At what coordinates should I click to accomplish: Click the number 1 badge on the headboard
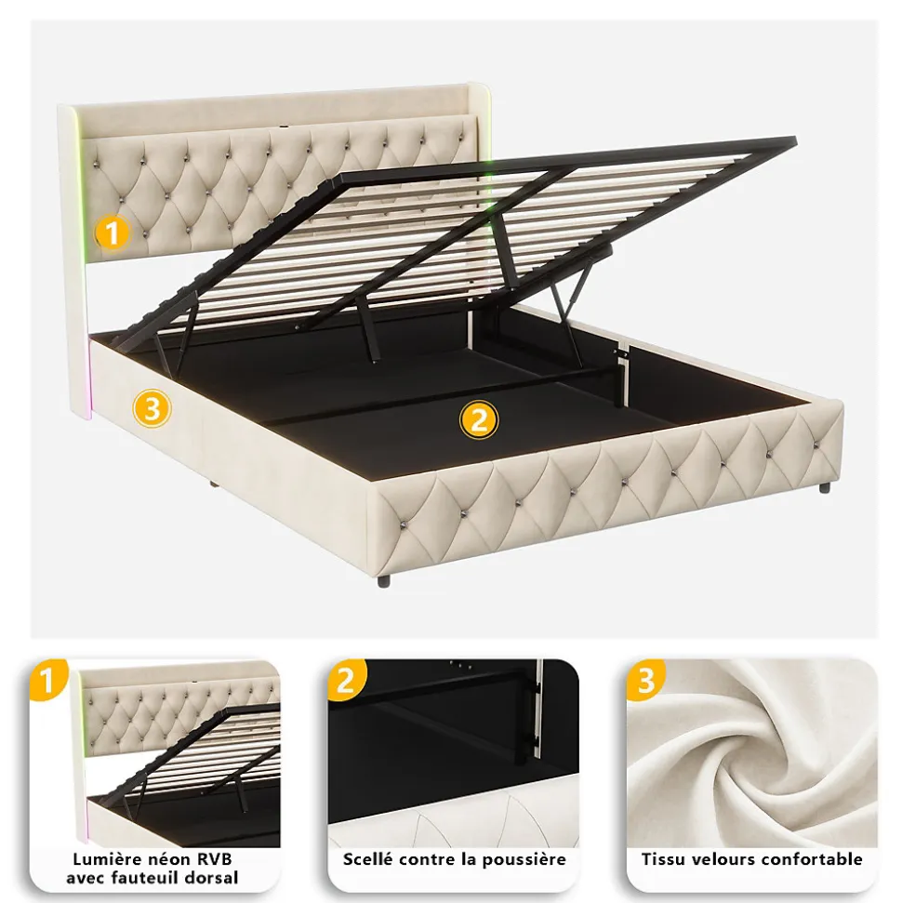(112, 233)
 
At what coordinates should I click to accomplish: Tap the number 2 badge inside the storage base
(478, 420)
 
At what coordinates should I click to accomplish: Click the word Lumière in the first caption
(108, 859)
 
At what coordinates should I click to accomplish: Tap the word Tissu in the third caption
(664, 859)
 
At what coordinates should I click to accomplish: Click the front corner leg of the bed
(385, 578)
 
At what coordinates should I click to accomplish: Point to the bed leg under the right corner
(825, 486)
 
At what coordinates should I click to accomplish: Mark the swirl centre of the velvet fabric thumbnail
(744, 744)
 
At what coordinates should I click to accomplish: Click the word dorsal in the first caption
(213, 878)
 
